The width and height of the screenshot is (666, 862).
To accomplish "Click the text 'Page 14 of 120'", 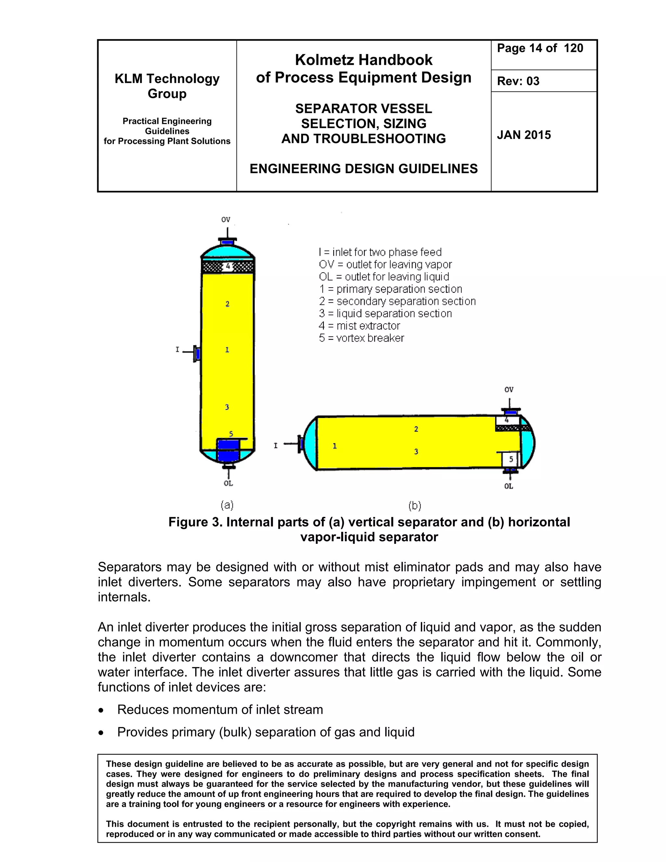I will click(539, 48).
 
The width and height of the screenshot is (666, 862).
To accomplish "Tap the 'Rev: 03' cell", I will click(518, 81).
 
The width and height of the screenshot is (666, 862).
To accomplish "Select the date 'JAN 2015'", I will click(524, 135).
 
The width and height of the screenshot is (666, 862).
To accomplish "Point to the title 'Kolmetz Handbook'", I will click(363, 60).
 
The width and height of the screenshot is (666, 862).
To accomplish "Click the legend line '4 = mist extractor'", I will click(359, 326).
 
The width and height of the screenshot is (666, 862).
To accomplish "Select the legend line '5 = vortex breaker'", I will click(361, 338).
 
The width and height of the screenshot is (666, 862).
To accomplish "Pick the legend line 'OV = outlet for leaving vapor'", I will click(385, 264).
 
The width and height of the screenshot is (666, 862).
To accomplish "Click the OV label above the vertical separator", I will click(226, 220).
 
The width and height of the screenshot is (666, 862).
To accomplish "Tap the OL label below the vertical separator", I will click(228, 483).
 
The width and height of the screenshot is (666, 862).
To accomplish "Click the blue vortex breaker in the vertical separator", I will click(228, 450).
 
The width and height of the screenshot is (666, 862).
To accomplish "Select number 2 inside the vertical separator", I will click(227, 303).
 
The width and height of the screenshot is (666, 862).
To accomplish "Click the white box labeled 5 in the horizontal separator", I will click(511, 459).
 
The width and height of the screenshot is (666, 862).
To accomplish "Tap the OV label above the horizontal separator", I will click(509, 390).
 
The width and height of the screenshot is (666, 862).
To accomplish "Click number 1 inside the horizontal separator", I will click(335, 446).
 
